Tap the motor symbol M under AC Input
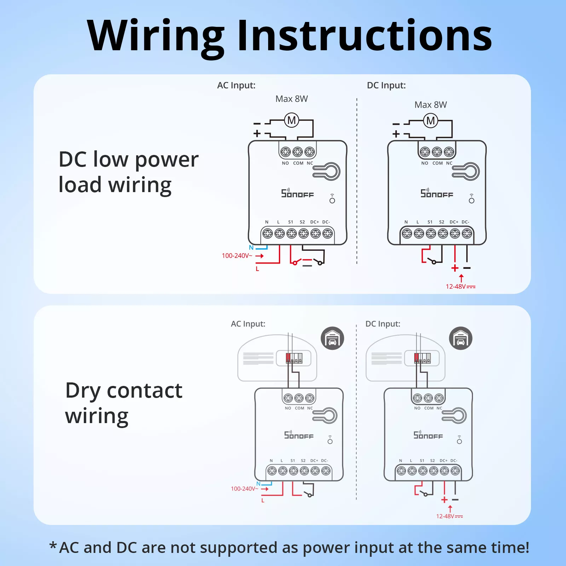[291, 120]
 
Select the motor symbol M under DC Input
[431, 121]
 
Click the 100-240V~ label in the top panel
[237, 255]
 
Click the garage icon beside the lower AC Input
[332, 338]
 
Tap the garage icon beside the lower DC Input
[461, 338]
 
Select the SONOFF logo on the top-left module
[298, 193]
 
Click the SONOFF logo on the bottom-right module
[428, 435]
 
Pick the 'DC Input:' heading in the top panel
[386, 85]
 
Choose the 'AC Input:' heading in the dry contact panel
[248, 324]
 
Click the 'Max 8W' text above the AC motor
[291, 99]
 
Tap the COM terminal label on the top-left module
[298, 163]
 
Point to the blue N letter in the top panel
[251, 248]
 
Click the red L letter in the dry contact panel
[263, 501]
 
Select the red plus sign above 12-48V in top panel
[455, 268]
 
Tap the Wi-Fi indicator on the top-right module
[472, 198]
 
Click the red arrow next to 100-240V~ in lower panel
[265, 489]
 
